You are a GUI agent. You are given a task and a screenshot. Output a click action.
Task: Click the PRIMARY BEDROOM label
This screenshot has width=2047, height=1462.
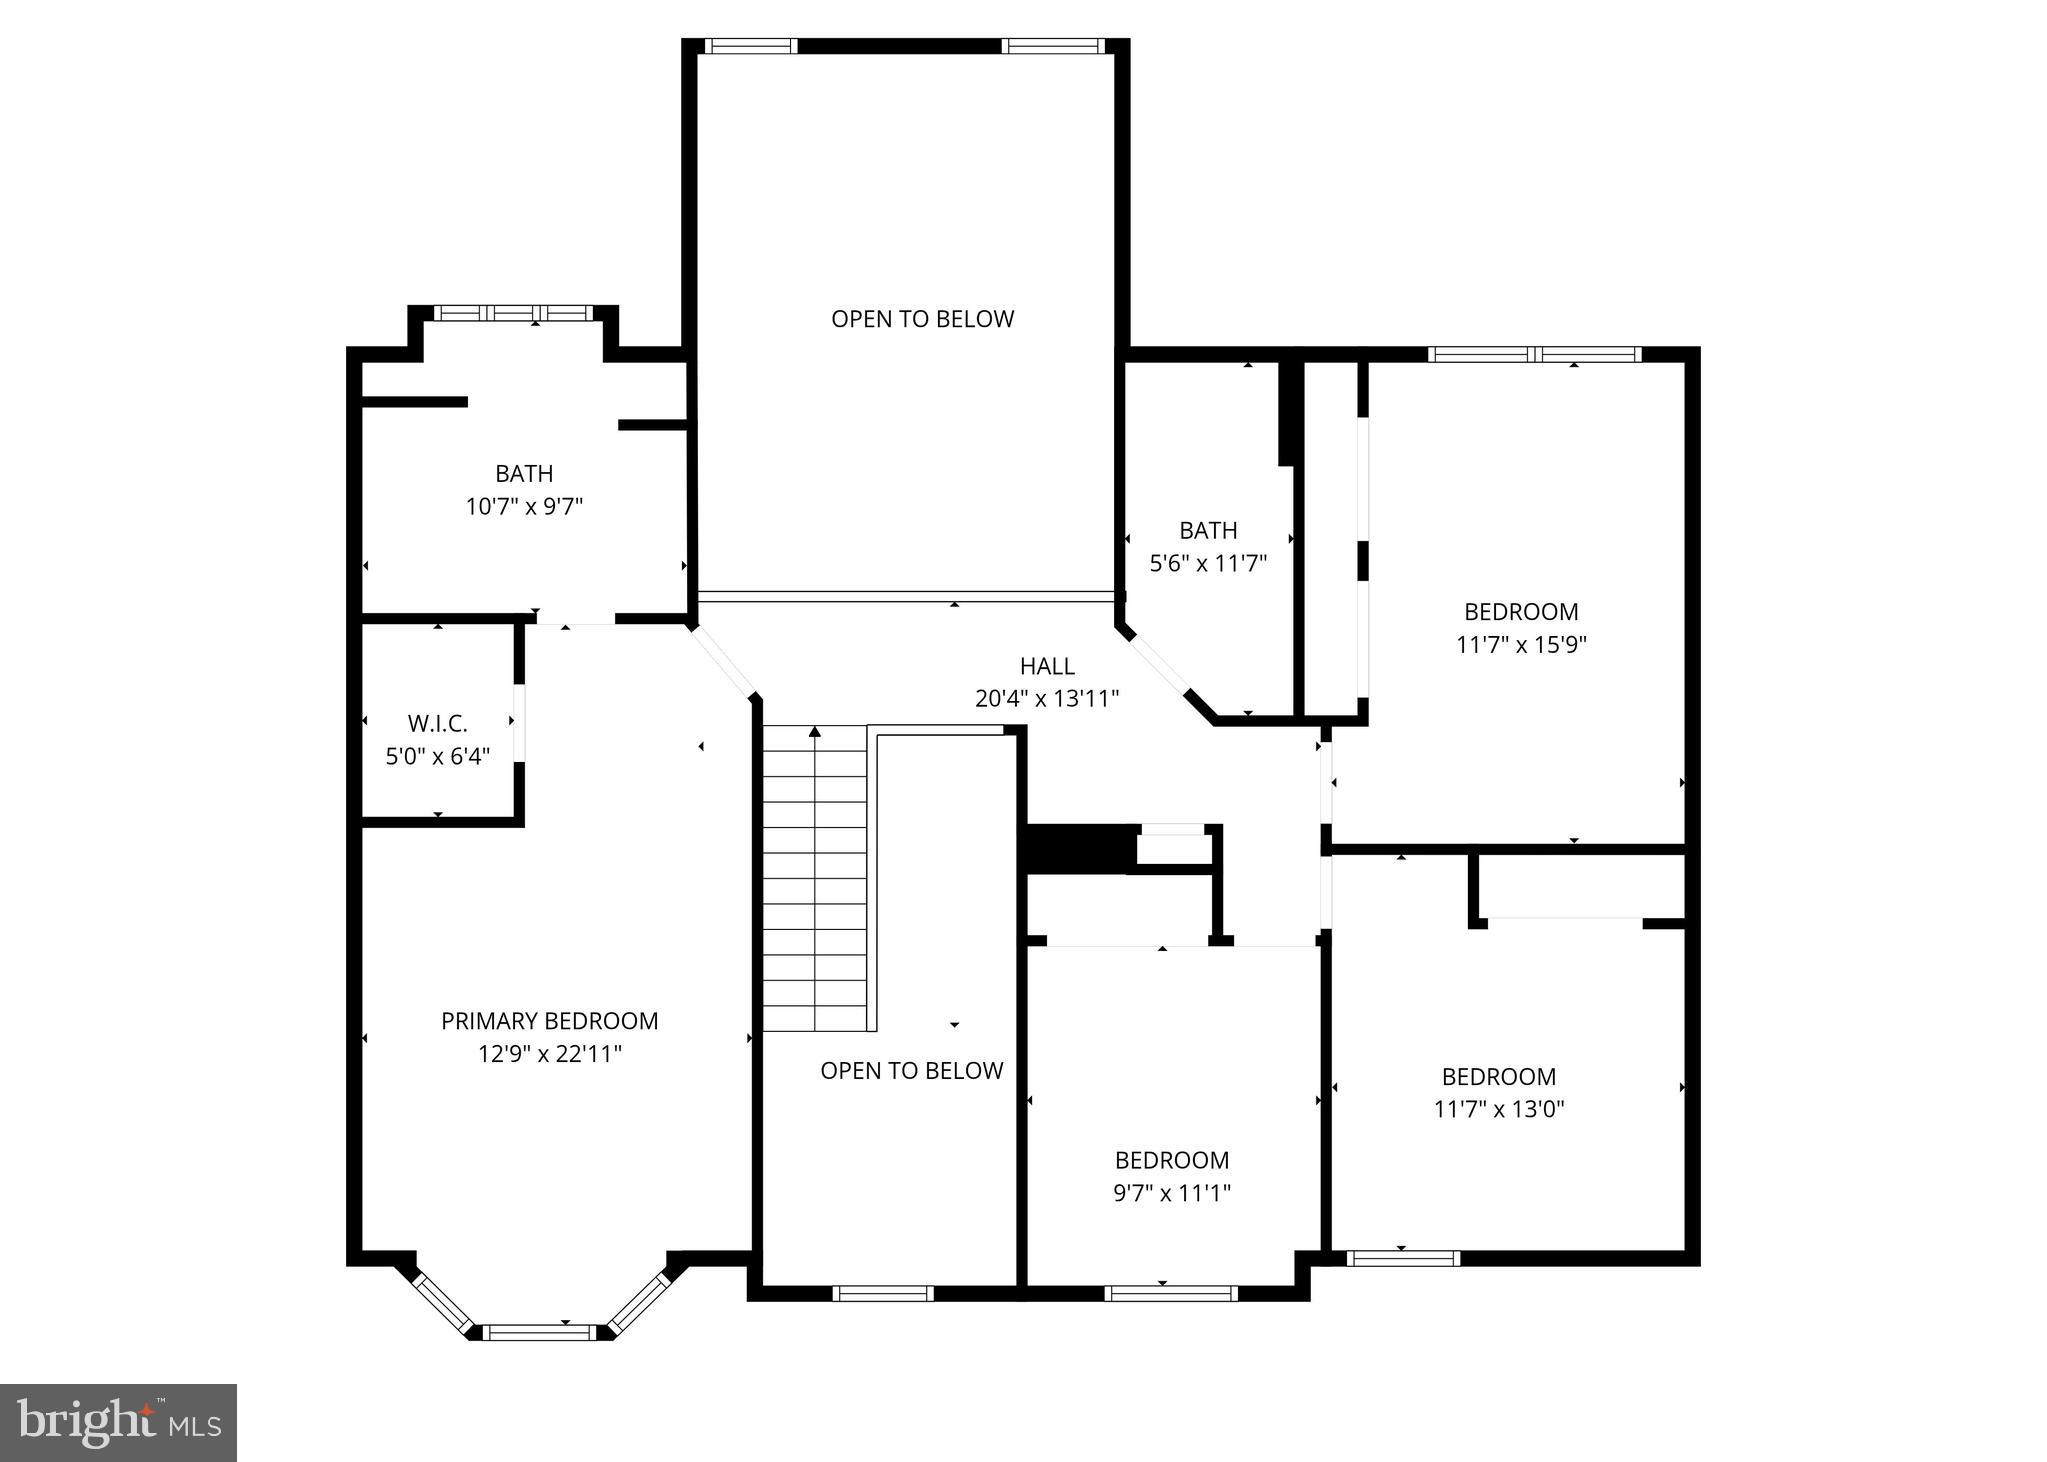(x=549, y=1021)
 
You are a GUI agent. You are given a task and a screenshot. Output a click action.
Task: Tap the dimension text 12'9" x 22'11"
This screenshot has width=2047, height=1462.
(x=549, y=1054)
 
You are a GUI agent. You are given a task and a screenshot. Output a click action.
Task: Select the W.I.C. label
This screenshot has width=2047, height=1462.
(x=437, y=723)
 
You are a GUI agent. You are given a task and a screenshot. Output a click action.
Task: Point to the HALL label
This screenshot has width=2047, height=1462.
(x=1047, y=666)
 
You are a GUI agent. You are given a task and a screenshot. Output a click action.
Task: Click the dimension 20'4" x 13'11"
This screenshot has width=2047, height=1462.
(x=1047, y=698)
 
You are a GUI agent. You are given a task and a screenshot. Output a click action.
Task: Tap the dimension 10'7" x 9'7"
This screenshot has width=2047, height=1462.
(x=524, y=506)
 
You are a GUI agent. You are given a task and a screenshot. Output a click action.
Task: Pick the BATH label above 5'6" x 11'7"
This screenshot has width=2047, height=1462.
(x=1208, y=530)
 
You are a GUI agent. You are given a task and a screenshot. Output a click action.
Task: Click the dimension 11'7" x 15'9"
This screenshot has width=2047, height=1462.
(x=1521, y=644)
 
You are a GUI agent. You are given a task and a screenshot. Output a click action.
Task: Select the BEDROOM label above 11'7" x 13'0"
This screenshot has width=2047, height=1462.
(x=1498, y=1077)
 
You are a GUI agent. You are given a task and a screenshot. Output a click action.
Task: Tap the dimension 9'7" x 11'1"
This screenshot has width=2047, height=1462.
(x=1171, y=1193)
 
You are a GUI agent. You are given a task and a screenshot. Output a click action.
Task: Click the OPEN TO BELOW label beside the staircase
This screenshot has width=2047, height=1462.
(x=911, y=1071)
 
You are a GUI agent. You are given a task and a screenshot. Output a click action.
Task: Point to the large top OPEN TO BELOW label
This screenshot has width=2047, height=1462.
(x=922, y=319)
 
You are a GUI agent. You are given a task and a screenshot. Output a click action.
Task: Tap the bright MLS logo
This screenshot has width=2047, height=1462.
(x=118, y=1422)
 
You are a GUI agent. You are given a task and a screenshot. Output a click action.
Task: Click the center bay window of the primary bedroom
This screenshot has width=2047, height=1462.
(x=539, y=1332)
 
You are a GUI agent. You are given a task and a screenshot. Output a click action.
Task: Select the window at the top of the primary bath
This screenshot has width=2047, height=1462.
(x=513, y=313)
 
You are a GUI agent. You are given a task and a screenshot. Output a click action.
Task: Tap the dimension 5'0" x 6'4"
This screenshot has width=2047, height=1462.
(x=437, y=756)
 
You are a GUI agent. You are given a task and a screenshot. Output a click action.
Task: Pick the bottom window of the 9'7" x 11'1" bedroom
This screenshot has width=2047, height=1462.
(x=1170, y=1293)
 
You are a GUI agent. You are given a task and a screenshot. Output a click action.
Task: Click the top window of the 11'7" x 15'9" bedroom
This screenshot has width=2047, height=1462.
(x=1534, y=354)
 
